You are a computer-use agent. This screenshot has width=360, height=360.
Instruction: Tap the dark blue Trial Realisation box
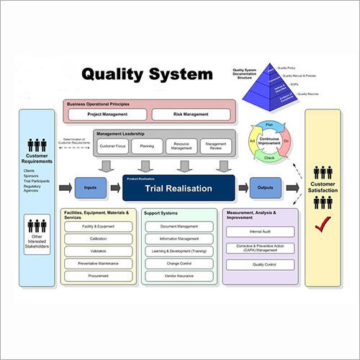[x=178, y=188]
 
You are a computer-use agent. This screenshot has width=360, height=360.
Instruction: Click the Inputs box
[x=91, y=188]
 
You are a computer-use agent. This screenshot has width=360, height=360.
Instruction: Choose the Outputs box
[x=266, y=188]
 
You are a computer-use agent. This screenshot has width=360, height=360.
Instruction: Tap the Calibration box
[x=98, y=238]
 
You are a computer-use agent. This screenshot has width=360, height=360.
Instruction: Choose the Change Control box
[x=178, y=264]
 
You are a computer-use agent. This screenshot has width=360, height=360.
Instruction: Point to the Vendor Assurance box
[x=178, y=275]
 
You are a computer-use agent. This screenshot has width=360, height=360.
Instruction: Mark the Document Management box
[x=178, y=226]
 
